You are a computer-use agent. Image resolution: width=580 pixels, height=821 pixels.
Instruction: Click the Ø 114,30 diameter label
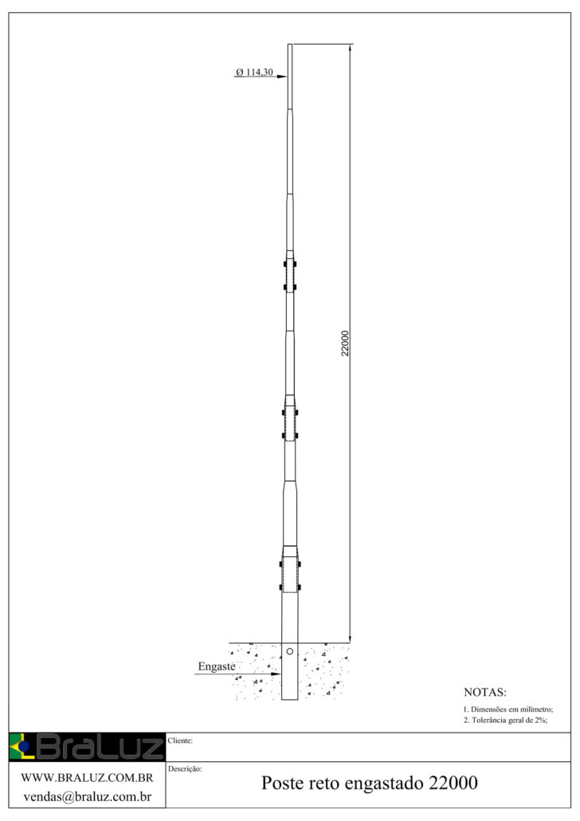(254, 72)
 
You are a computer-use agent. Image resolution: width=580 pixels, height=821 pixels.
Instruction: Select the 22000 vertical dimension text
(345, 344)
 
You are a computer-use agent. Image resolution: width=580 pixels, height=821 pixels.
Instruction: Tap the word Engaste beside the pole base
(216, 666)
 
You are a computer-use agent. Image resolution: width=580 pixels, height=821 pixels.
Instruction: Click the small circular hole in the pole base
(289, 651)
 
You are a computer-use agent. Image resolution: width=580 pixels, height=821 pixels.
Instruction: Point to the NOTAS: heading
(484, 692)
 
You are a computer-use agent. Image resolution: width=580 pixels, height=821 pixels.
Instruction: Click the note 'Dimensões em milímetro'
(507, 709)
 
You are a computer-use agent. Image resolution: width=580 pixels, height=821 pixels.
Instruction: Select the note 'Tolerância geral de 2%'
(505, 720)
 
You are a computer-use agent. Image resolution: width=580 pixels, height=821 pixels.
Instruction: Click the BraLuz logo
(87, 747)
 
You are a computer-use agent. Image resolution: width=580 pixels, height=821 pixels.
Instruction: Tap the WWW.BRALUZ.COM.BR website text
(87, 777)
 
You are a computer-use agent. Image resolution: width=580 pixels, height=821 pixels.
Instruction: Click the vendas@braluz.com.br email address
(87, 797)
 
